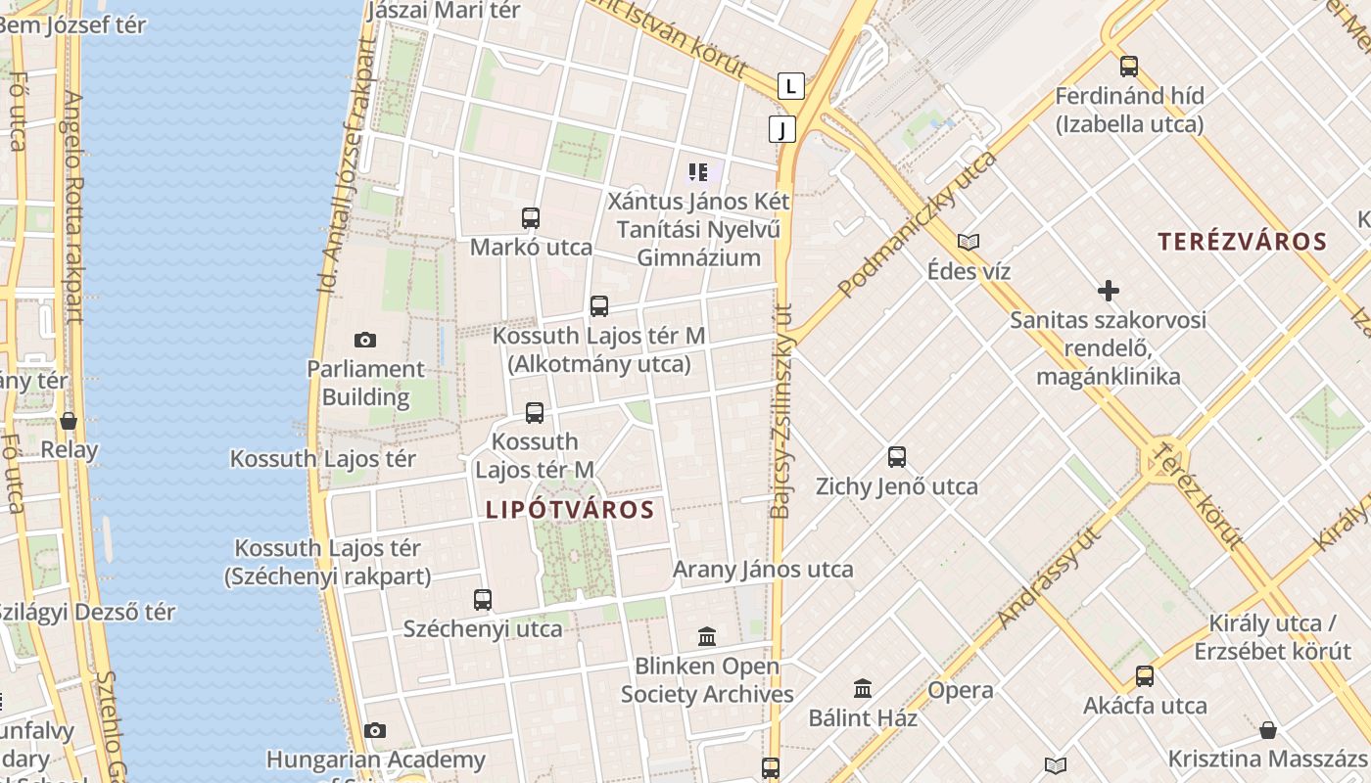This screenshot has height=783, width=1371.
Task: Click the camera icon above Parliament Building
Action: [x=365, y=340]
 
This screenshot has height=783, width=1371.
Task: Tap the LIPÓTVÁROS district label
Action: [x=570, y=510]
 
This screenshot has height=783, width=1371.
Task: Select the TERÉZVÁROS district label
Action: [x=1242, y=242]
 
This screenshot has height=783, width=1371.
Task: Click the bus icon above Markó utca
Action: [x=531, y=218]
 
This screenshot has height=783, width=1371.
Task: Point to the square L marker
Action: [x=791, y=86]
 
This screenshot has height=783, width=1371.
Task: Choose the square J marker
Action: [x=781, y=129]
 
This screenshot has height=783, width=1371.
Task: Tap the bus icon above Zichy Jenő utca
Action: [x=897, y=457]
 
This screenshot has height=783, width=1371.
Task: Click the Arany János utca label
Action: [x=763, y=570]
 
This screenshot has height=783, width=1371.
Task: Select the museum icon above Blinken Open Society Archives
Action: [x=707, y=637]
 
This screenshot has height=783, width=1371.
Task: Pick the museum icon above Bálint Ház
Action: [x=863, y=689]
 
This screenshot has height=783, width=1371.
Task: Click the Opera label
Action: [x=960, y=690]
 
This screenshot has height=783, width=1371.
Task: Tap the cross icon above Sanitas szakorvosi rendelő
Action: [x=1109, y=291]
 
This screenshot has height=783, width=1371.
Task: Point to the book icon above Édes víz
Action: [x=969, y=242]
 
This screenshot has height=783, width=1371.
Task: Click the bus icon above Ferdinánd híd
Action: [x=1129, y=67]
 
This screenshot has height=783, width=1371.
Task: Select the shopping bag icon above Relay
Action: [x=69, y=421]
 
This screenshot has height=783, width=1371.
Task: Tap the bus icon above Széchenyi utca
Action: [x=483, y=600]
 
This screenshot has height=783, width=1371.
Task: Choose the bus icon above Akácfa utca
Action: [x=1145, y=676]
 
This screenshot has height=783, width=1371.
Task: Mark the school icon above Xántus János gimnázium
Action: [x=698, y=173]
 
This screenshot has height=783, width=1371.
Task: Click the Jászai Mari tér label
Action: [x=444, y=11]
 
